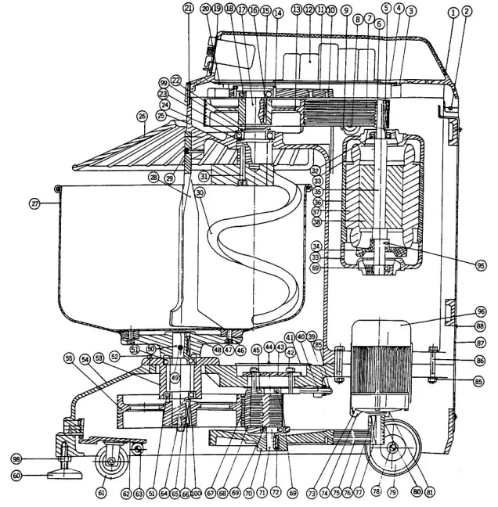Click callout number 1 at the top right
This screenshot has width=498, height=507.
point(453,12)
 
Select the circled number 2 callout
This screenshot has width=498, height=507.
point(467,12)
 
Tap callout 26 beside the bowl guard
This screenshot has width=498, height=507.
point(142,117)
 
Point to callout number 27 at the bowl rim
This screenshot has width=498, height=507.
point(34,203)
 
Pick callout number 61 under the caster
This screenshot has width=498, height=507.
point(101,492)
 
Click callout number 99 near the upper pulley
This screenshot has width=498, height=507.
point(164,82)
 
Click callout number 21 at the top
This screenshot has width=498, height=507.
point(188,7)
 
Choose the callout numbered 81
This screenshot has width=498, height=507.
point(450,492)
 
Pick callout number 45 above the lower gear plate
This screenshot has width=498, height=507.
point(256,350)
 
